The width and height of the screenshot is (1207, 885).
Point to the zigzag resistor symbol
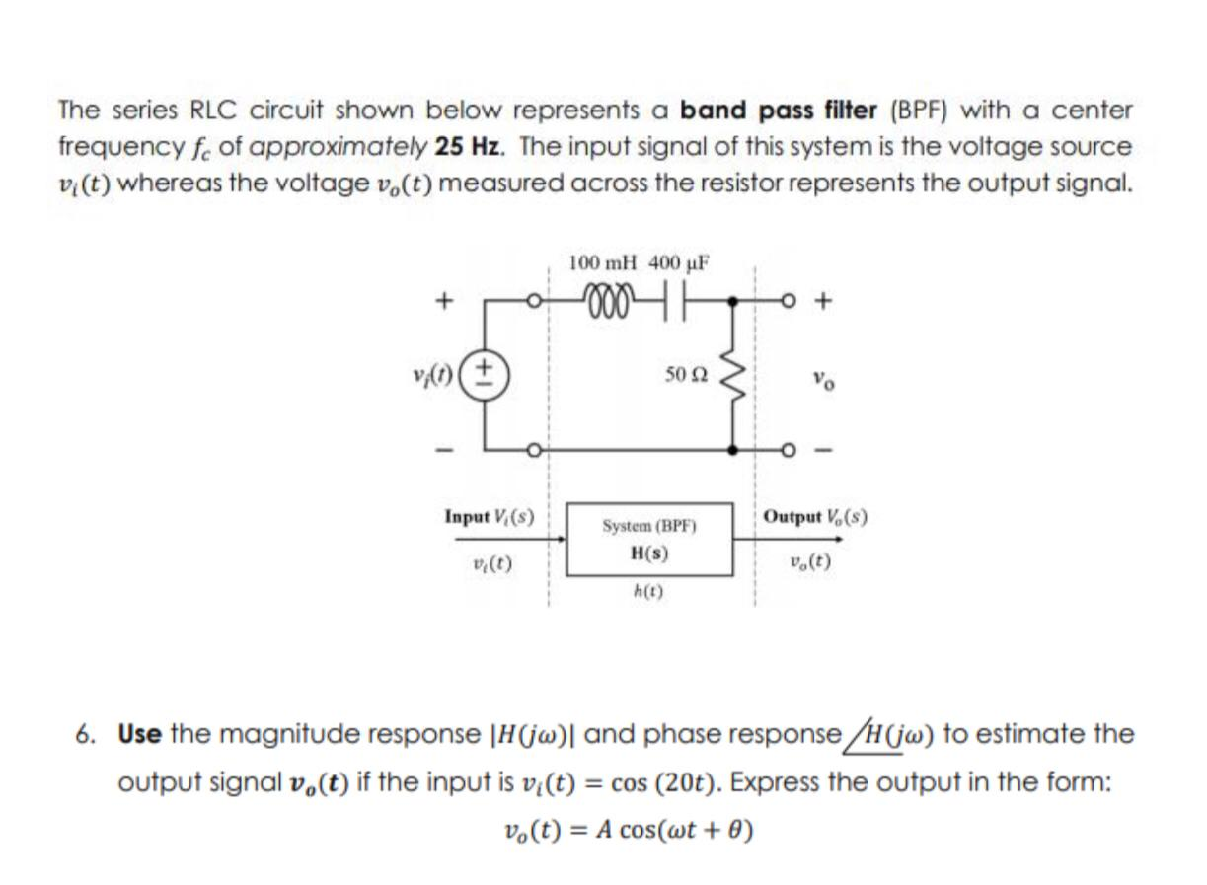(x=732, y=373)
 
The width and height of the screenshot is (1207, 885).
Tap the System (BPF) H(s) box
(x=648, y=540)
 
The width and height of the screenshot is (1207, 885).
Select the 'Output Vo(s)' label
(x=815, y=516)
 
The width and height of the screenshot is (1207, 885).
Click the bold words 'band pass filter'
(x=779, y=110)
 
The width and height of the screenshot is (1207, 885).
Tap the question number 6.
(x=88, y=734)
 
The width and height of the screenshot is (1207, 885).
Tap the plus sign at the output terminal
(x=826, y=297)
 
